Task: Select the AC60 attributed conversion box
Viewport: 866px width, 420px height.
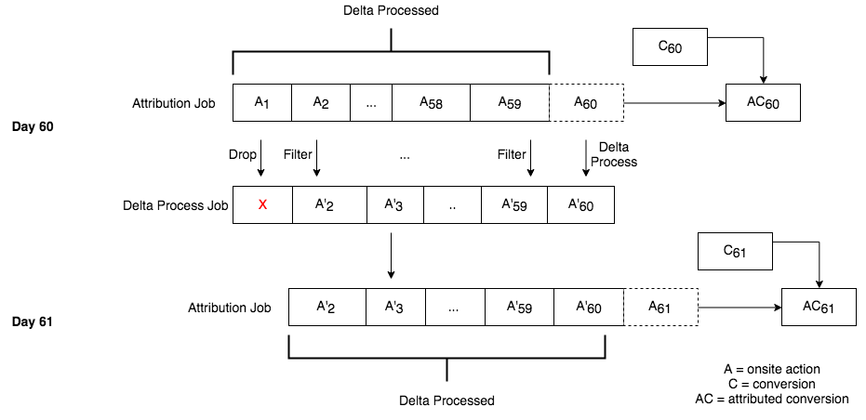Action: point(763,102)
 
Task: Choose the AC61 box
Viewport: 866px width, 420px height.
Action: point(819,307)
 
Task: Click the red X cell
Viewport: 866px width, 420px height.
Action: point(262,204)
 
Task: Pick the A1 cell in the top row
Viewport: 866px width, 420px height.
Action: point(262,102)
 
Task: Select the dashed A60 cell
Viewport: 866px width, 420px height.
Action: point(586,102)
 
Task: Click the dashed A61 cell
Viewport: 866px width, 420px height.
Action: point(659,307)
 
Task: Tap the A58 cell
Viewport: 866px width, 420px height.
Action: point(431,102)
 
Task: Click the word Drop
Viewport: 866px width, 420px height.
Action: point(242,154)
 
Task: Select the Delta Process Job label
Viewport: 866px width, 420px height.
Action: point(175,205)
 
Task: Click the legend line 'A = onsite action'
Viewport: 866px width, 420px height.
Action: point(771,369)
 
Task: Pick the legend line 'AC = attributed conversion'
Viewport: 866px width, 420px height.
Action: point(771,399)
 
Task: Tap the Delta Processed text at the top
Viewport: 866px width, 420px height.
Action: point(390,11)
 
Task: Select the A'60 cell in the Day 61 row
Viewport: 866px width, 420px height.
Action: point(588,307)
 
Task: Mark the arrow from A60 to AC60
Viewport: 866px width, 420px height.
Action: point(674,102)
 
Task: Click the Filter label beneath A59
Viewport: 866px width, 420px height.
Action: point(512,154)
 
